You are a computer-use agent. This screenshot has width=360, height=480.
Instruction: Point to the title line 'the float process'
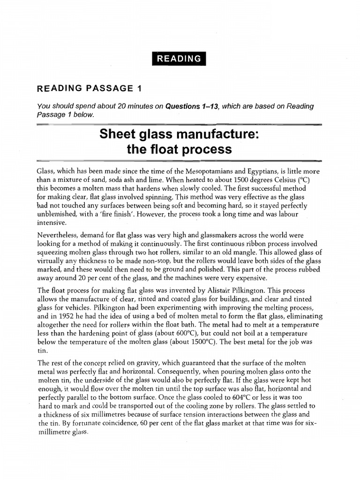point(179,150)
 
